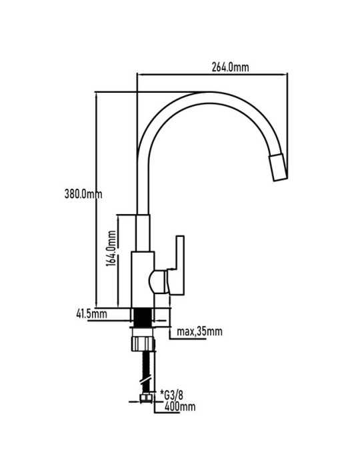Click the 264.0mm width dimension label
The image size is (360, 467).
230,67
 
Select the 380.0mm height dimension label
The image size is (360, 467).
83,194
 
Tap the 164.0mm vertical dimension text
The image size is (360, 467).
111,248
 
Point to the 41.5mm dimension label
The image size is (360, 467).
91,314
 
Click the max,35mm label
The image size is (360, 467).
199,331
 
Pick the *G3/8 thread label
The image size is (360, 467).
172,395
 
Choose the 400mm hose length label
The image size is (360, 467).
180,406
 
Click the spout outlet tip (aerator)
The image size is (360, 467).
278,167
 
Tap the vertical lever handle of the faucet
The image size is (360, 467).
177,265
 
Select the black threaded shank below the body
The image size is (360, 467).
143,318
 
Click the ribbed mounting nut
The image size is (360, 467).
143,343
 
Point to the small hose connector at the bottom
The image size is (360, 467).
145,398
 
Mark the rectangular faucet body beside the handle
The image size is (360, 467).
143,280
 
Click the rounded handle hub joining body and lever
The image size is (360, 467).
158,282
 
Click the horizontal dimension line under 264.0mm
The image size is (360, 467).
213,75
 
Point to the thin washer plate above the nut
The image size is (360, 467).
143,328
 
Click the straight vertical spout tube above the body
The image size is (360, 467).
143,233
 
